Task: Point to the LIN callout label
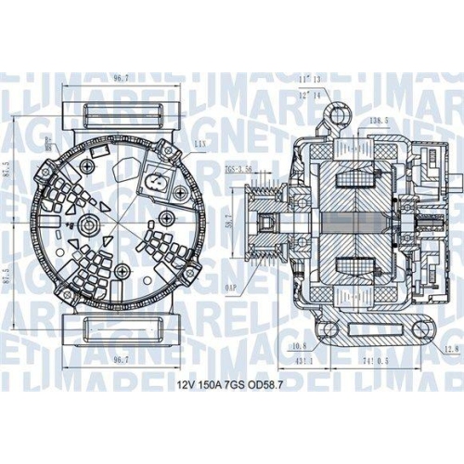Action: coord(200,144)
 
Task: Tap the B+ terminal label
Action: coord(49,140)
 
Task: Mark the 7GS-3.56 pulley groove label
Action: coord(239,169)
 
